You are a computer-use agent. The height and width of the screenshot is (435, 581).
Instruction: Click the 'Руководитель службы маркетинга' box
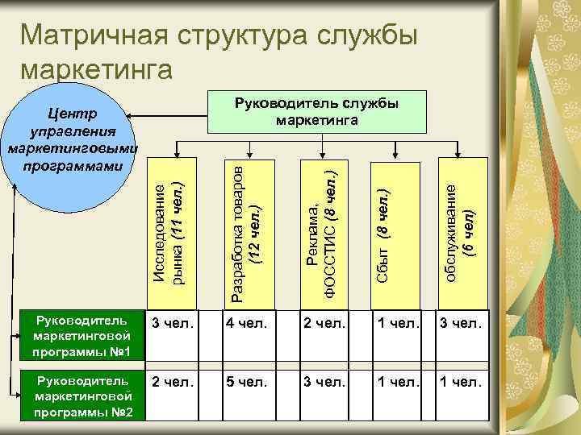coord(316,111)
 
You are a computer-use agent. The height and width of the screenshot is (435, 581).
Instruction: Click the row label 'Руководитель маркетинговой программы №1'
coord(77,338)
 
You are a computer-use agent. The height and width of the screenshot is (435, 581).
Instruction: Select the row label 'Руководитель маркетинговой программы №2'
coord(77,396)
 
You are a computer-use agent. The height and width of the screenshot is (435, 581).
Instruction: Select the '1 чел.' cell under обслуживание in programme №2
coord(461,383)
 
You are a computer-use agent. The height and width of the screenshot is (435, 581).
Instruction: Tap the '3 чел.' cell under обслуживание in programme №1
coord(461,325)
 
